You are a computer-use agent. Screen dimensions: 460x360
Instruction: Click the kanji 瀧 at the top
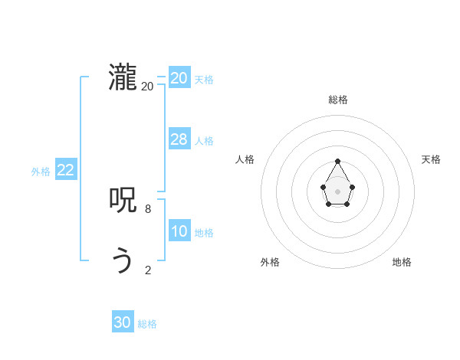(x=123, y=78)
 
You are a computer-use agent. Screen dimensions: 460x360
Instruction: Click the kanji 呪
(x=123, y=201)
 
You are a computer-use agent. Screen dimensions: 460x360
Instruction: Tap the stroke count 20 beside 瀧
(x=147, y=87)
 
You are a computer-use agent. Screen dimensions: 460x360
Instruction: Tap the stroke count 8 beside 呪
(x=147, y=208)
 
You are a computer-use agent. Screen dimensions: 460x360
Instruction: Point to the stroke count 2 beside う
(x=147, y=270)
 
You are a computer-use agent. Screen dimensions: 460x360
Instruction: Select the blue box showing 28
(x=179, y=139)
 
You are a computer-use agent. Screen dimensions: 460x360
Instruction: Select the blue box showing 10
(x=179, y=231)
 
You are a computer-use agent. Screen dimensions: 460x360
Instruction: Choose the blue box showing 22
(x=65, y=170)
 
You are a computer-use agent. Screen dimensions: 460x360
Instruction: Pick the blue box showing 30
(x=123, y=322)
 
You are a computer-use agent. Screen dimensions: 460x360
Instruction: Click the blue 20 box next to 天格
(x=179, y=78)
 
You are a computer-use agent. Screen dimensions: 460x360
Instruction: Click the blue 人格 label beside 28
(x=204, y=141)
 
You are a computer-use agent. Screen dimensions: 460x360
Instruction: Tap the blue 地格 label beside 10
(x=204, y=233)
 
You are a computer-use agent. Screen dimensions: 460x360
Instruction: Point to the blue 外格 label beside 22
(x=41, y=172)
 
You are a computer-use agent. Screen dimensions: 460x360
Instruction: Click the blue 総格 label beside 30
(x=147, y=325)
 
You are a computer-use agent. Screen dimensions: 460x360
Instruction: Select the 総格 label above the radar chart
(x=337, y=100)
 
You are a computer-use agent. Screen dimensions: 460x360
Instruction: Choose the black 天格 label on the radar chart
(x=432, y=159)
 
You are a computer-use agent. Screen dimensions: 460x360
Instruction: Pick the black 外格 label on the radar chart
(x=270, y=262)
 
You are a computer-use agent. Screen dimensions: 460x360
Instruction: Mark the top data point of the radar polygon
(x=337, y=162)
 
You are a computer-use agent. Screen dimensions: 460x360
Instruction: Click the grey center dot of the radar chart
(x=337, y=191)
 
